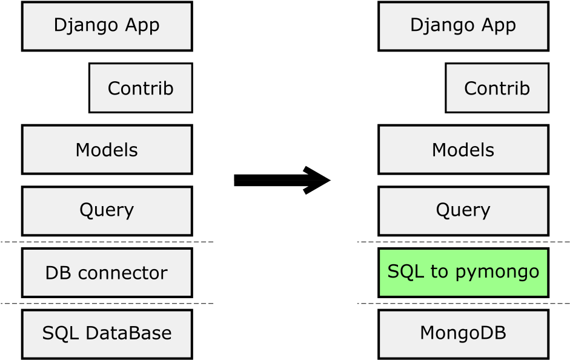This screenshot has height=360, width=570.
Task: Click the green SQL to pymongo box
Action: click(463, 272)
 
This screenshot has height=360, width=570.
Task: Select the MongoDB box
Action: click(463, 334)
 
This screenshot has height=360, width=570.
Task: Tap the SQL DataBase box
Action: click(107, 334)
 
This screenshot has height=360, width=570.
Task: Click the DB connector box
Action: click(107, 272)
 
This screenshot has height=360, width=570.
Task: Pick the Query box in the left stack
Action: click(107, 210)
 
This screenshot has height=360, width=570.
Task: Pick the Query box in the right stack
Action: click(463, 210)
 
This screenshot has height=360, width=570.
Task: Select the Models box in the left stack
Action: click(107, 149)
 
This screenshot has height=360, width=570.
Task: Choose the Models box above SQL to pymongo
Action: click(463, 149)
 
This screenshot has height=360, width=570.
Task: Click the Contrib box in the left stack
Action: click(141, 88)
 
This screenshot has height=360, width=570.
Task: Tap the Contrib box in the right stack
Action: click(497, 88)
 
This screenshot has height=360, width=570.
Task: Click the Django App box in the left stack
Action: click(107, 25)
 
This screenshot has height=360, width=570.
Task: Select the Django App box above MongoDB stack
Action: click(463, 25)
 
